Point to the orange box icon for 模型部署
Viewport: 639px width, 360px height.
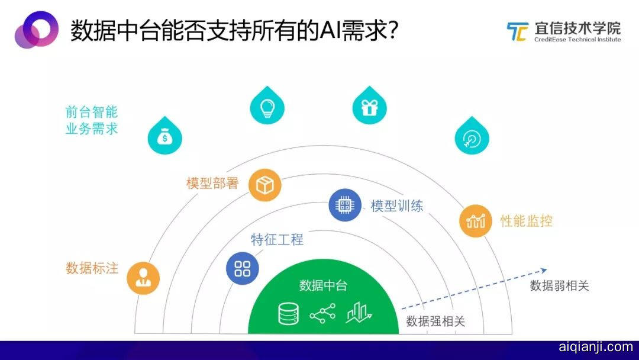click(x=265, y=185)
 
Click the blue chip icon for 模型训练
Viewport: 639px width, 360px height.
click(x=345, y=205)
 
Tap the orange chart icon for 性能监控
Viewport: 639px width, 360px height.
click(x=476, y=221)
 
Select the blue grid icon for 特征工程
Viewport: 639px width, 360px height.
click(x=243, y=269)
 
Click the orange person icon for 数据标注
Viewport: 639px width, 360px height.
click(x=143, y=278)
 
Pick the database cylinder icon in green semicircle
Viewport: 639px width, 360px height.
click(x=288, y=314)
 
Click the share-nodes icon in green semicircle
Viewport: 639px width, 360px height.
click(x=323, y=314)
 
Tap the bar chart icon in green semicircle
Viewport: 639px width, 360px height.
click(x=359, y=313)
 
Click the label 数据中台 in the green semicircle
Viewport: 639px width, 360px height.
click(x=323, y=285)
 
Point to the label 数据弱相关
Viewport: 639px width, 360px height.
click(x=560, y=286)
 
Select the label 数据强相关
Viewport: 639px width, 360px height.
click(x=435, y=322)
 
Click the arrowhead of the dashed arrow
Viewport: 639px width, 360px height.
click(x=544, y=271)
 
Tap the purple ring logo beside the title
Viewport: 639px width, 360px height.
click(x=37, y=30)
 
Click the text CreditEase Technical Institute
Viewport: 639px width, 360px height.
click(x=577, y=40)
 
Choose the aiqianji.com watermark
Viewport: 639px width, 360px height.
click(x=596, y=347)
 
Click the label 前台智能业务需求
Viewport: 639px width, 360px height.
click(x=92, y=120)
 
